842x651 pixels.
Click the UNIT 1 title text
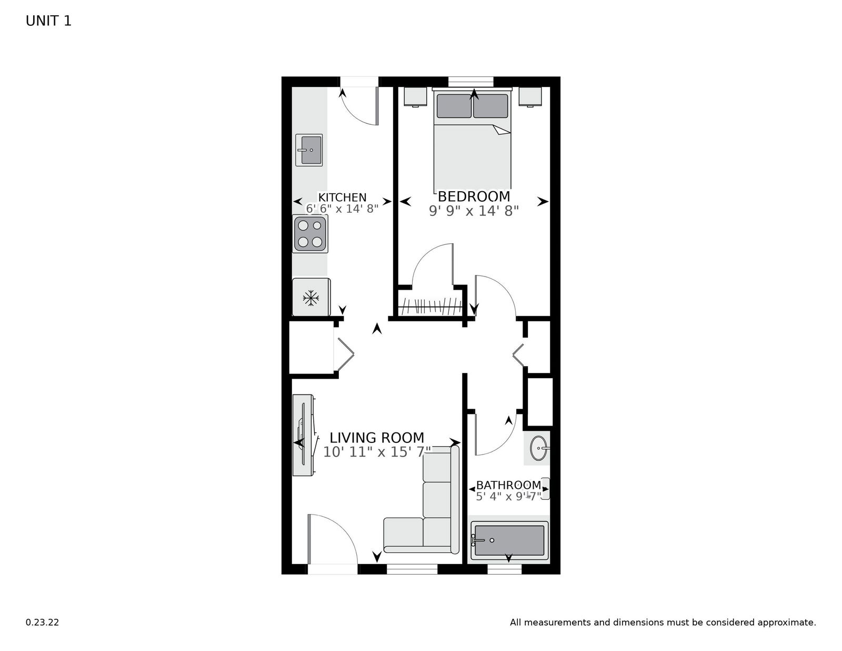tap(48, 21)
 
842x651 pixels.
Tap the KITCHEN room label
tap(342, 198)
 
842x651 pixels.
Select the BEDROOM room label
tap(474, 196)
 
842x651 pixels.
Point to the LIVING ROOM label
tap(377, 438)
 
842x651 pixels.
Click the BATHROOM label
tap(508, 485)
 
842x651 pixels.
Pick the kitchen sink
tap(309, 150)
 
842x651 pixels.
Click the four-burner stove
tap(310, 233)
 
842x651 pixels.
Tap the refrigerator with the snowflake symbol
tap(311, 298)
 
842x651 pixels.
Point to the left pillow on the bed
tap(454, 106)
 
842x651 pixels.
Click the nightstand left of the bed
tap(415, 96)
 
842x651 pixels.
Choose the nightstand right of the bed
tap(530, 96)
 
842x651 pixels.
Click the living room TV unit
tap(304, 435)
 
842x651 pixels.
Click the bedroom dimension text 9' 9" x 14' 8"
tap(474, 211)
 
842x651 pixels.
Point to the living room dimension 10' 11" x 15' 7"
tap(377, 452)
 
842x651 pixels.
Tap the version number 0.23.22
tap(42, 623)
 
